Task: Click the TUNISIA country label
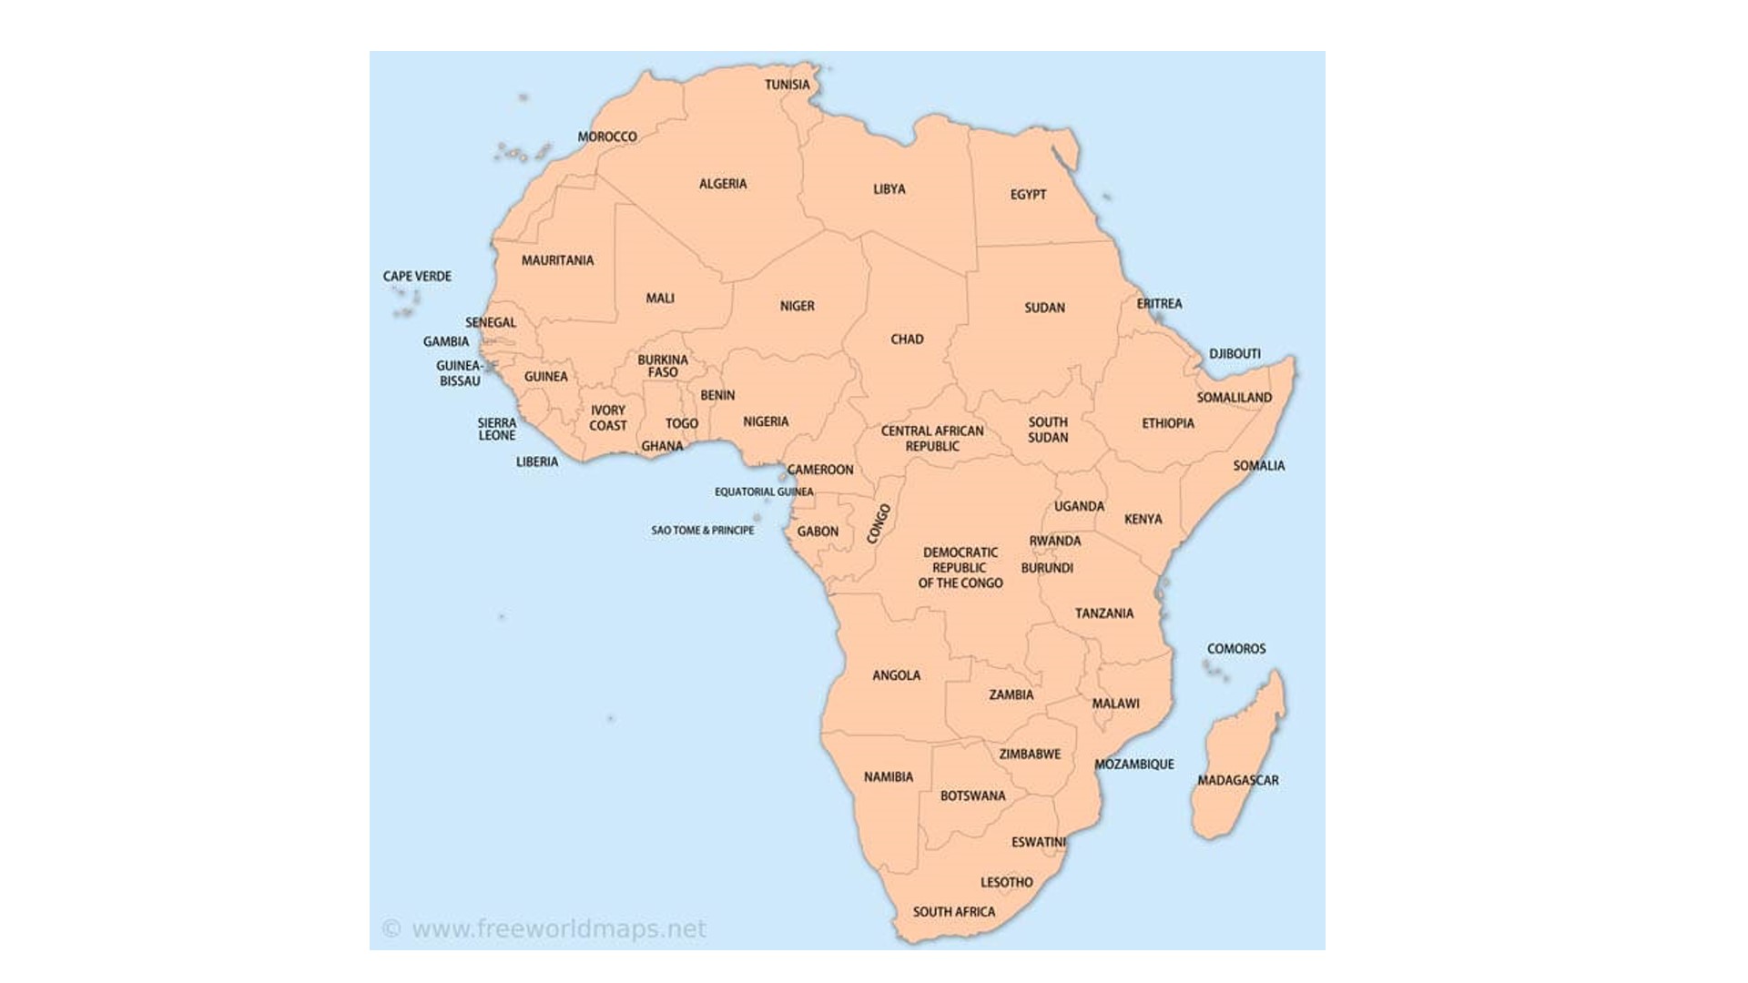787,85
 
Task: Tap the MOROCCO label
607,137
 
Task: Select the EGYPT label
1028,195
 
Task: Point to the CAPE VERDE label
417,276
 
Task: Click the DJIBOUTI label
1235,353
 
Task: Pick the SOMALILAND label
1234,398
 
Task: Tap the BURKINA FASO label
663,366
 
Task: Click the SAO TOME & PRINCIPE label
702,530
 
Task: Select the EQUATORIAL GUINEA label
764,491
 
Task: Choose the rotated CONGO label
879,524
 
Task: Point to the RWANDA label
1055,541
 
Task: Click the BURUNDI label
1047,568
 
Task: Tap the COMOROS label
1235,649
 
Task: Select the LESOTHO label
1006,882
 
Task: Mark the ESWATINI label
1038,842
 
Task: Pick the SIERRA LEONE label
497,429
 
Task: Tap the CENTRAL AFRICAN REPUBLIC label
932,438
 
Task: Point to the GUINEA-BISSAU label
460,373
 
